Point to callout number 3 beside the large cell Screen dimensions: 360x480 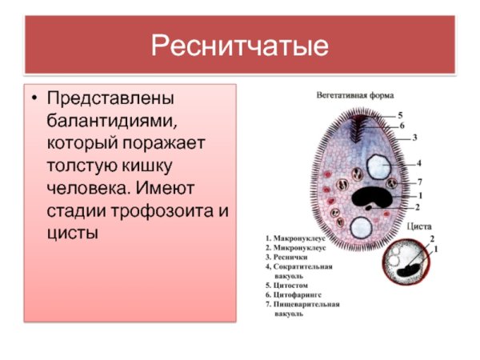tap(414, 138)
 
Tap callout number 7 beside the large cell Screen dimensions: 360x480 tap(419, 182)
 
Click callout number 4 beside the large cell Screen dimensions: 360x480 tap(418, 163)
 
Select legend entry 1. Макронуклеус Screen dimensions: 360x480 tap(297, 238)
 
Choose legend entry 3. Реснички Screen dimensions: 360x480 tap(289, 257)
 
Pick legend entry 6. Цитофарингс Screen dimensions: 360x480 tap(298, 294)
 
